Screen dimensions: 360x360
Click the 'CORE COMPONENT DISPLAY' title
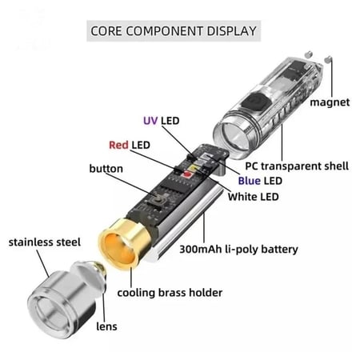coord(173,31)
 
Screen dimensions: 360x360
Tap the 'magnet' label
coord(330,103)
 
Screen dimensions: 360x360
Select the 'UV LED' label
coord(161,121)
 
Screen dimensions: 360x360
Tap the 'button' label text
coord(106,169)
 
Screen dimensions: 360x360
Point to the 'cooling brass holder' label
coord(169,292)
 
